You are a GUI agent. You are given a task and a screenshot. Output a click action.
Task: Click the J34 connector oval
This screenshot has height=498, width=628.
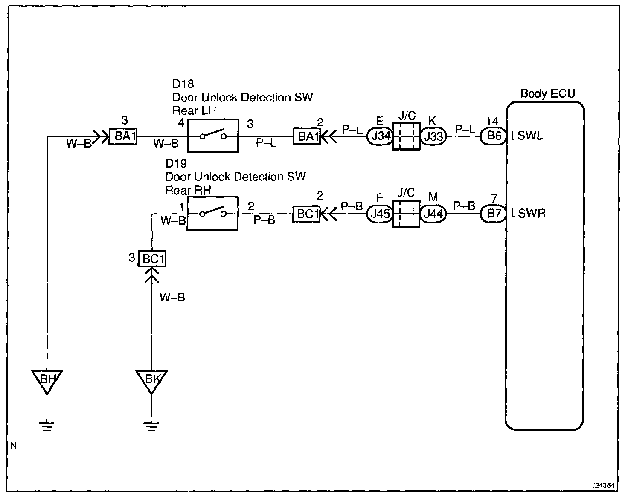pyautogui.click(x=380, y=136)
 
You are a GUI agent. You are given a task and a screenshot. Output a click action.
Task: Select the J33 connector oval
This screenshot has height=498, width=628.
pyautogui.click(x=433, y=136)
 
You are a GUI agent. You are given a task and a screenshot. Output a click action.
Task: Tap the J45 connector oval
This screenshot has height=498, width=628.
pyautogui.click(x=380, y=214)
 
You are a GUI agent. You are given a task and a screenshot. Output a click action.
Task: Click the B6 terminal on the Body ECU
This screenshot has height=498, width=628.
pyautogui.click(x=494, y=136)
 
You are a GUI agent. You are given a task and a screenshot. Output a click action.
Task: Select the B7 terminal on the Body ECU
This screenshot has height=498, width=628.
pyautogui.click(x=494, y=214)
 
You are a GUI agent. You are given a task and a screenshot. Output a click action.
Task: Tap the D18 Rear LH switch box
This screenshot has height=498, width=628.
pyautogui.click(x=213, y=136)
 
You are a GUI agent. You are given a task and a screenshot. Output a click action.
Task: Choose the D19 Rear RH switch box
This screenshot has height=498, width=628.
pyautogui.click(x=212, y=214)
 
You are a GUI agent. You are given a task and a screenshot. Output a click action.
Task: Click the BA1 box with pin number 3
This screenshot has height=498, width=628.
pyautogui.click(x=123, y=136)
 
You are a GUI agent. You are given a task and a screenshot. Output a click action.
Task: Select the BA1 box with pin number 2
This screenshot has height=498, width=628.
pyautogui.click(x=307, y=136)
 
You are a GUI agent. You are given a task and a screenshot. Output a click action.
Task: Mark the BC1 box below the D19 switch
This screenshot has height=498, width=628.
pyautogui.click(x=152, y=258)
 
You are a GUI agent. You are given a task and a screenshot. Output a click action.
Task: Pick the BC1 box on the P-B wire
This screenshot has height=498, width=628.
pyautogui.click(x=306, y=214)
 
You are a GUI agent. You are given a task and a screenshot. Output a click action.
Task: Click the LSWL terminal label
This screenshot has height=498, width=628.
pyautogui.click(x=527, y=136)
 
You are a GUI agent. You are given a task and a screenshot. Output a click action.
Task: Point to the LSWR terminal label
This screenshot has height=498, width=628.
pyautogui.click(x=528, y=214)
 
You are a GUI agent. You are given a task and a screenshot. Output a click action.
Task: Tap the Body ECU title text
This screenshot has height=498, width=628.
pyautogui.click(x=548, y=93)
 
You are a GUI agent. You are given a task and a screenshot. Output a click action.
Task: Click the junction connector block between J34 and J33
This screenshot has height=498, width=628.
pyautogui.click(x=407, y=136)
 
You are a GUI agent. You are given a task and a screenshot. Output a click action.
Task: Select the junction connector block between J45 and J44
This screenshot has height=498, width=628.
pyautogui.click(x=406, y=214)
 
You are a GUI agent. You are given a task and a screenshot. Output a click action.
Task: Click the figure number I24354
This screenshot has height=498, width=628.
pyautogui.click(x=604, y=486)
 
